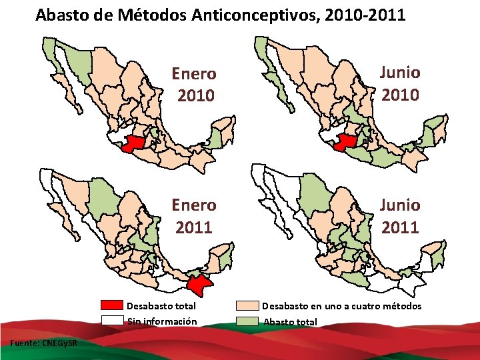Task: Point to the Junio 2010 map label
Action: pyautogui.click(x=400, y=83)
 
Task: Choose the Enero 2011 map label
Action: pyautogui.click(x=194, y=216)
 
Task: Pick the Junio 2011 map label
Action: pyautogui.click(x=400, y=215)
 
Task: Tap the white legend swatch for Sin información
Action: pyautogui.click(x=113, y=321)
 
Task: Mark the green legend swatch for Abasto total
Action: pyautogui.click(x=248, y=321)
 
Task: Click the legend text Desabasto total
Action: pyautogui.click(x=161, y=306)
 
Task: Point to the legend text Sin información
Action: pyautogui.click(x=161, y=321)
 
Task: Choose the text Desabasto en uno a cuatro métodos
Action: pyautogui.click(x=341, y=306)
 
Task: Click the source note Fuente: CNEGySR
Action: pyautogui.click(x=44, y=343)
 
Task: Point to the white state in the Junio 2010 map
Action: pyautogui.click(x=329, y=136)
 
